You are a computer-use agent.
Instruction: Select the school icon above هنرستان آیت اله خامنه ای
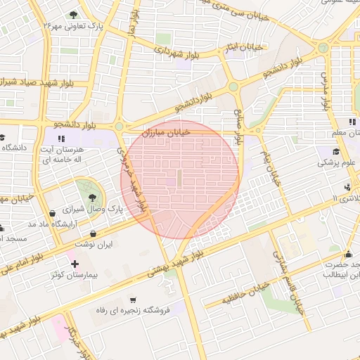62,139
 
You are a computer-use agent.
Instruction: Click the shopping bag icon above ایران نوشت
94,233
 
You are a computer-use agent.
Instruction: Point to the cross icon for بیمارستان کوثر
75,264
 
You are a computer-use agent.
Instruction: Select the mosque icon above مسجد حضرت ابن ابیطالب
348,254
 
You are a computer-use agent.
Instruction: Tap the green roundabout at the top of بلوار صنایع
233,87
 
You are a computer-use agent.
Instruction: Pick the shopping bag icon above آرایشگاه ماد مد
52,213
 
